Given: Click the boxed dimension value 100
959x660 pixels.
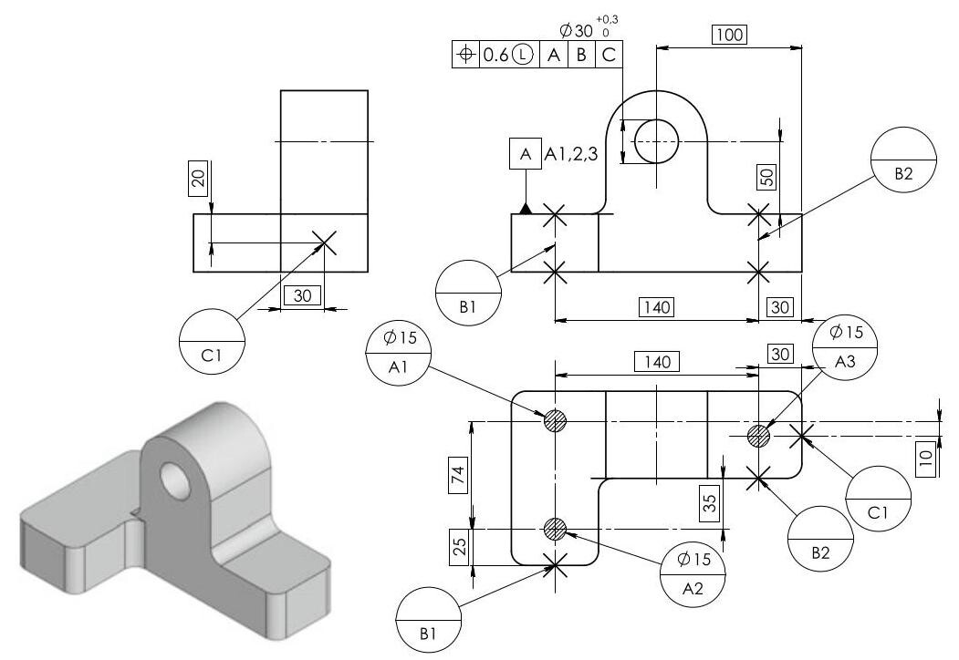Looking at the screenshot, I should click(730, 35).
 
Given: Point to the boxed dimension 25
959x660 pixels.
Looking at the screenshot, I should click(460, 546).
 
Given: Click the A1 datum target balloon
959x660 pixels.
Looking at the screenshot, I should click(398, 351).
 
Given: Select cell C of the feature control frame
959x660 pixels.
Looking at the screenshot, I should click(608, 54).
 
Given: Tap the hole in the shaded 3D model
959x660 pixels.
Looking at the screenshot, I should click(172, 478).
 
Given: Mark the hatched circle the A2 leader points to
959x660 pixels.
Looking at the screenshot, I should click(555, 528).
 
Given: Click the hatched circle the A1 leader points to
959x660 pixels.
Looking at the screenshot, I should click(555, 421).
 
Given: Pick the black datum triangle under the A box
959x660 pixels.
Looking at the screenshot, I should click(526, 209).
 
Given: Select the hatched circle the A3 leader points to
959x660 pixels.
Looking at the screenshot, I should click(758, 436).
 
